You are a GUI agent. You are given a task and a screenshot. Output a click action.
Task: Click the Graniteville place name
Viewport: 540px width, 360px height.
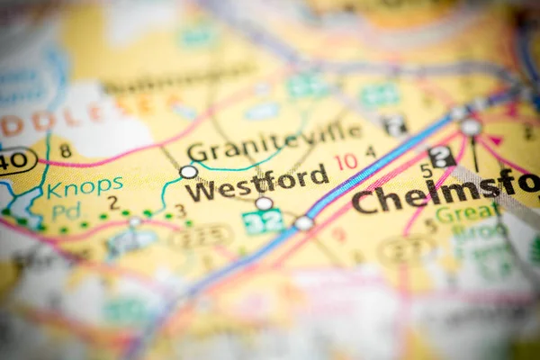pyautogui.click(x=274, y=145)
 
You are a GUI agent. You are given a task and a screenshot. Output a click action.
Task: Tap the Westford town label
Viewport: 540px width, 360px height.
pyautogui.click(x=256, y=184)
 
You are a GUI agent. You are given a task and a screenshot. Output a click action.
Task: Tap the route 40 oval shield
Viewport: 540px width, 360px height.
pyautogui.click(x=16, y=160)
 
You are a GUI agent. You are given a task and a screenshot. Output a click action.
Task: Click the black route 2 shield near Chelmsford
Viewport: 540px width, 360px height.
pyautogui.click(x=441, y=157)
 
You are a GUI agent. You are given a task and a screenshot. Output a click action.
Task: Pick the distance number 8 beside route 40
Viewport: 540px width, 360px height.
pyautogui.click(x=65, y=149)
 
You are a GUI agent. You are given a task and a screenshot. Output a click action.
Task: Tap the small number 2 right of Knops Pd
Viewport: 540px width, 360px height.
pyautogui.click(x=113, y=202)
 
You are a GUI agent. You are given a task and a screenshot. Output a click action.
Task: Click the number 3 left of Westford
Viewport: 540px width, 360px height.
pyautogui.click(x=180, y=211)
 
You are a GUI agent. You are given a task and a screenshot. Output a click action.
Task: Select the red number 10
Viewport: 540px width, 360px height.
pyautogui.click(x=346, y=162)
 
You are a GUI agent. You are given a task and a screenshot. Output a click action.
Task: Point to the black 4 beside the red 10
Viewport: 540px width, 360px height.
pyautogui.click(x=370, y=153)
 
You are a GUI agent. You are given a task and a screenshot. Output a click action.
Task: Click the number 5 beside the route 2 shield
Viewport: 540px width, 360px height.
pyautogui.click(x=426, y=171)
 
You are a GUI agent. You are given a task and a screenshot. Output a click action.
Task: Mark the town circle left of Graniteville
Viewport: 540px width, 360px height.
pyautogui.click(x=188, y=171)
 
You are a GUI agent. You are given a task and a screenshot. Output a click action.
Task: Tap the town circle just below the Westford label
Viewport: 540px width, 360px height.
pyautogui.click(x=264, y=203)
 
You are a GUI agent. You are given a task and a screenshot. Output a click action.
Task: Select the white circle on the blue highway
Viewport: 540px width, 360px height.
pyautogui.click(x=304, y=222)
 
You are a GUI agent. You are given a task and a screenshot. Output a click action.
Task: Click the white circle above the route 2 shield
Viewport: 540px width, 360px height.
pyautogui.click(x=470, y=128)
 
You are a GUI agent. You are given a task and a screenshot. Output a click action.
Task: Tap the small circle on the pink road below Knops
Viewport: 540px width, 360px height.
pyautogui.click(x=134, y=221)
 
